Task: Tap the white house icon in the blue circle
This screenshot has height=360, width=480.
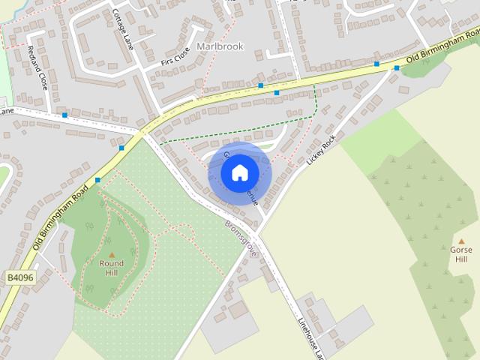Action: (x=238, y=173)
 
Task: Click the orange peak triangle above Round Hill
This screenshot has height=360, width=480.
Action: (x=112, y=255)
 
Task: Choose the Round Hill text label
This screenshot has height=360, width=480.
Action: (x=112, y=268)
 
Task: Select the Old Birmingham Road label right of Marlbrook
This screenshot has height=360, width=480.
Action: (x=442, y=44)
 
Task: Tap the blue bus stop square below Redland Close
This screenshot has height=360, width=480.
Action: (x=65, y=115)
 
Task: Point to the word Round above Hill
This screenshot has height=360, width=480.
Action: (x=112, y=263)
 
